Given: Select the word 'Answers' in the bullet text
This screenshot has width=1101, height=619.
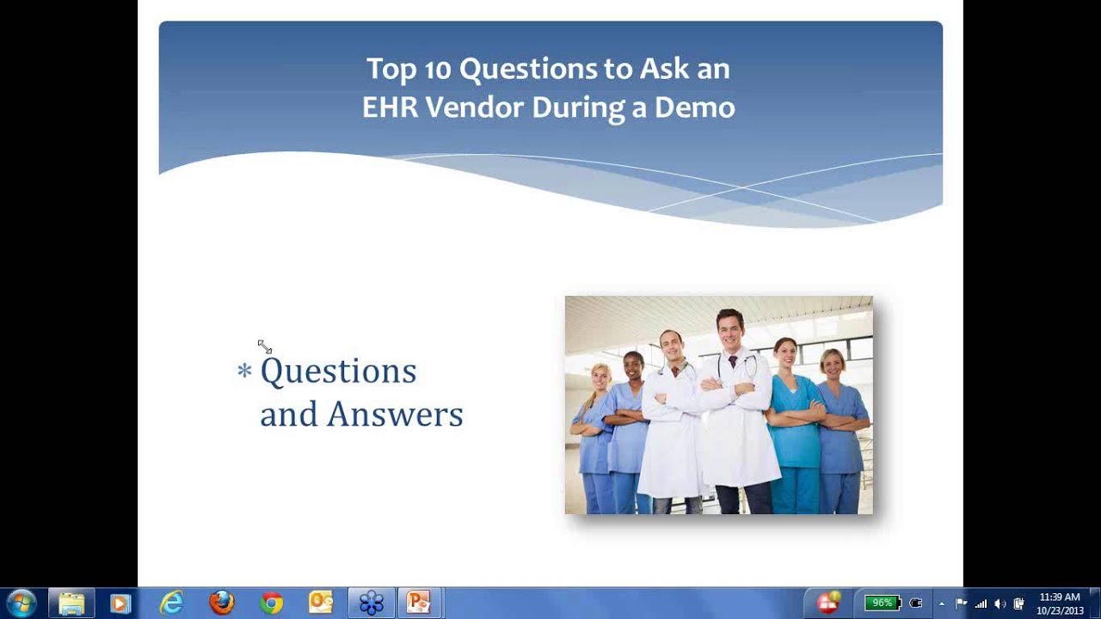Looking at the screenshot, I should pos(395,414).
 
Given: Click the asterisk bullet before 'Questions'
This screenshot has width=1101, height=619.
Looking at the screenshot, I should pos(244,371).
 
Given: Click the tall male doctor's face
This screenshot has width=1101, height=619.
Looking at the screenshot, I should pos(729,329).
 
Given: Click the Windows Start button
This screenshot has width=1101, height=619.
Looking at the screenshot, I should pos(21,603).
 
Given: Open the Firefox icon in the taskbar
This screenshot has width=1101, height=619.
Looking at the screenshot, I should pos(222,603).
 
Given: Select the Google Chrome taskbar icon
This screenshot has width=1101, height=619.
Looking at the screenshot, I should pos(272,603).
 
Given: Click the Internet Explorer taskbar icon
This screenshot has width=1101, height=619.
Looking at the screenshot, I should pos(171,603).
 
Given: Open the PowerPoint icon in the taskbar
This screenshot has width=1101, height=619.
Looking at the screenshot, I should pos(419,603).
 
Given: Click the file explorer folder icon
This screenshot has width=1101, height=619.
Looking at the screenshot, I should pos(71,603).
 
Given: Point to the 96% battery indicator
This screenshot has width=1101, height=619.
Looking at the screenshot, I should pos(882,603).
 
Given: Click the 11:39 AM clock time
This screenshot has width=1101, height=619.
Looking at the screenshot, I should pos(1059,597).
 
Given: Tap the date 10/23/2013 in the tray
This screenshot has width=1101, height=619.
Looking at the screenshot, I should pos(1060,610).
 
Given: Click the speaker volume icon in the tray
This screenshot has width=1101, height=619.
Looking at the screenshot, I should pos(1000,604).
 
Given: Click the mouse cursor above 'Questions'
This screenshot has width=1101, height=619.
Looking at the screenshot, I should pos(264,346).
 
